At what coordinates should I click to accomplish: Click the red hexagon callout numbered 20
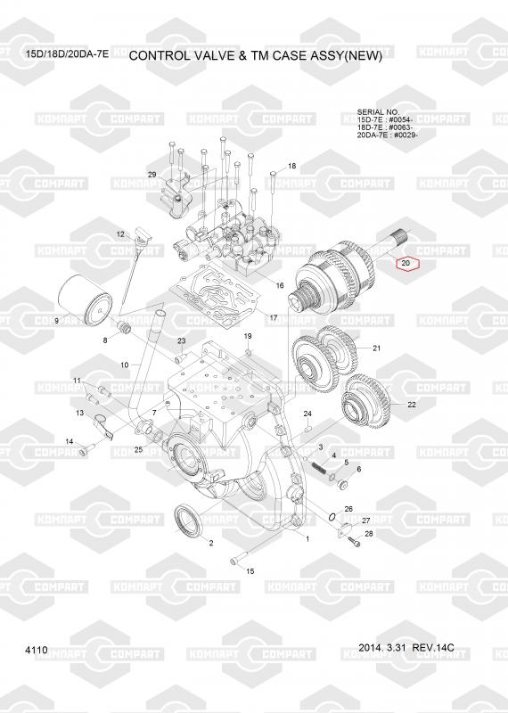406,263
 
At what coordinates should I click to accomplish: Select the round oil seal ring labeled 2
187,519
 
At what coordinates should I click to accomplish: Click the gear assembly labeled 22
366,400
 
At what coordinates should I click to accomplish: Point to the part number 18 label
291,166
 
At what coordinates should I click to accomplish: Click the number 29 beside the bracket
152,175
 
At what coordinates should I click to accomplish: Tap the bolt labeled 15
239,558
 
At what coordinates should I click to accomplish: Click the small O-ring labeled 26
332,517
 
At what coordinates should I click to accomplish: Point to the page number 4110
37,651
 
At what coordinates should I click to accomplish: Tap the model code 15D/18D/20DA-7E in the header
67,54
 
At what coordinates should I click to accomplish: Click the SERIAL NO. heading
378,112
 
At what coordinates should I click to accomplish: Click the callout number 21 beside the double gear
376,348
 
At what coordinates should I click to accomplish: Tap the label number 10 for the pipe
125,365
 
